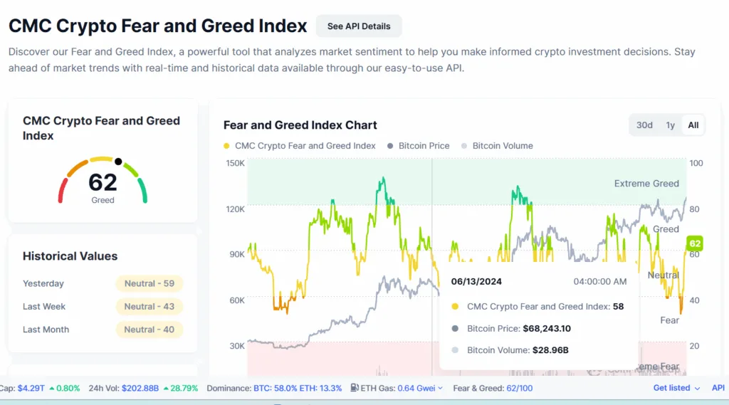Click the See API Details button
point(359,26)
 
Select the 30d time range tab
point(644,125)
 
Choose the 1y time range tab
point(670,125)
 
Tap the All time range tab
point(693,125)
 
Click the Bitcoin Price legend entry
point(424,146)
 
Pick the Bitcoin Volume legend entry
point(502,146)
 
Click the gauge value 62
point(103,182)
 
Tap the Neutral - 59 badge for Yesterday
point(150,283)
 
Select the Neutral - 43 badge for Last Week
point(150,307)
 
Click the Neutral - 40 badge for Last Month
point(150,330)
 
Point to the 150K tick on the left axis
point(236,163)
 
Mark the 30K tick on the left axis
point(236,346)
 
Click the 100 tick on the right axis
point(696,163)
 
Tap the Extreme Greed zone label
point(646,184)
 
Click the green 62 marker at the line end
point(695,243)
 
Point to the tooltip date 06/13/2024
point(476,282)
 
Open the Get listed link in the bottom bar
point(672,388)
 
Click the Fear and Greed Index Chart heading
point(300,125)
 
